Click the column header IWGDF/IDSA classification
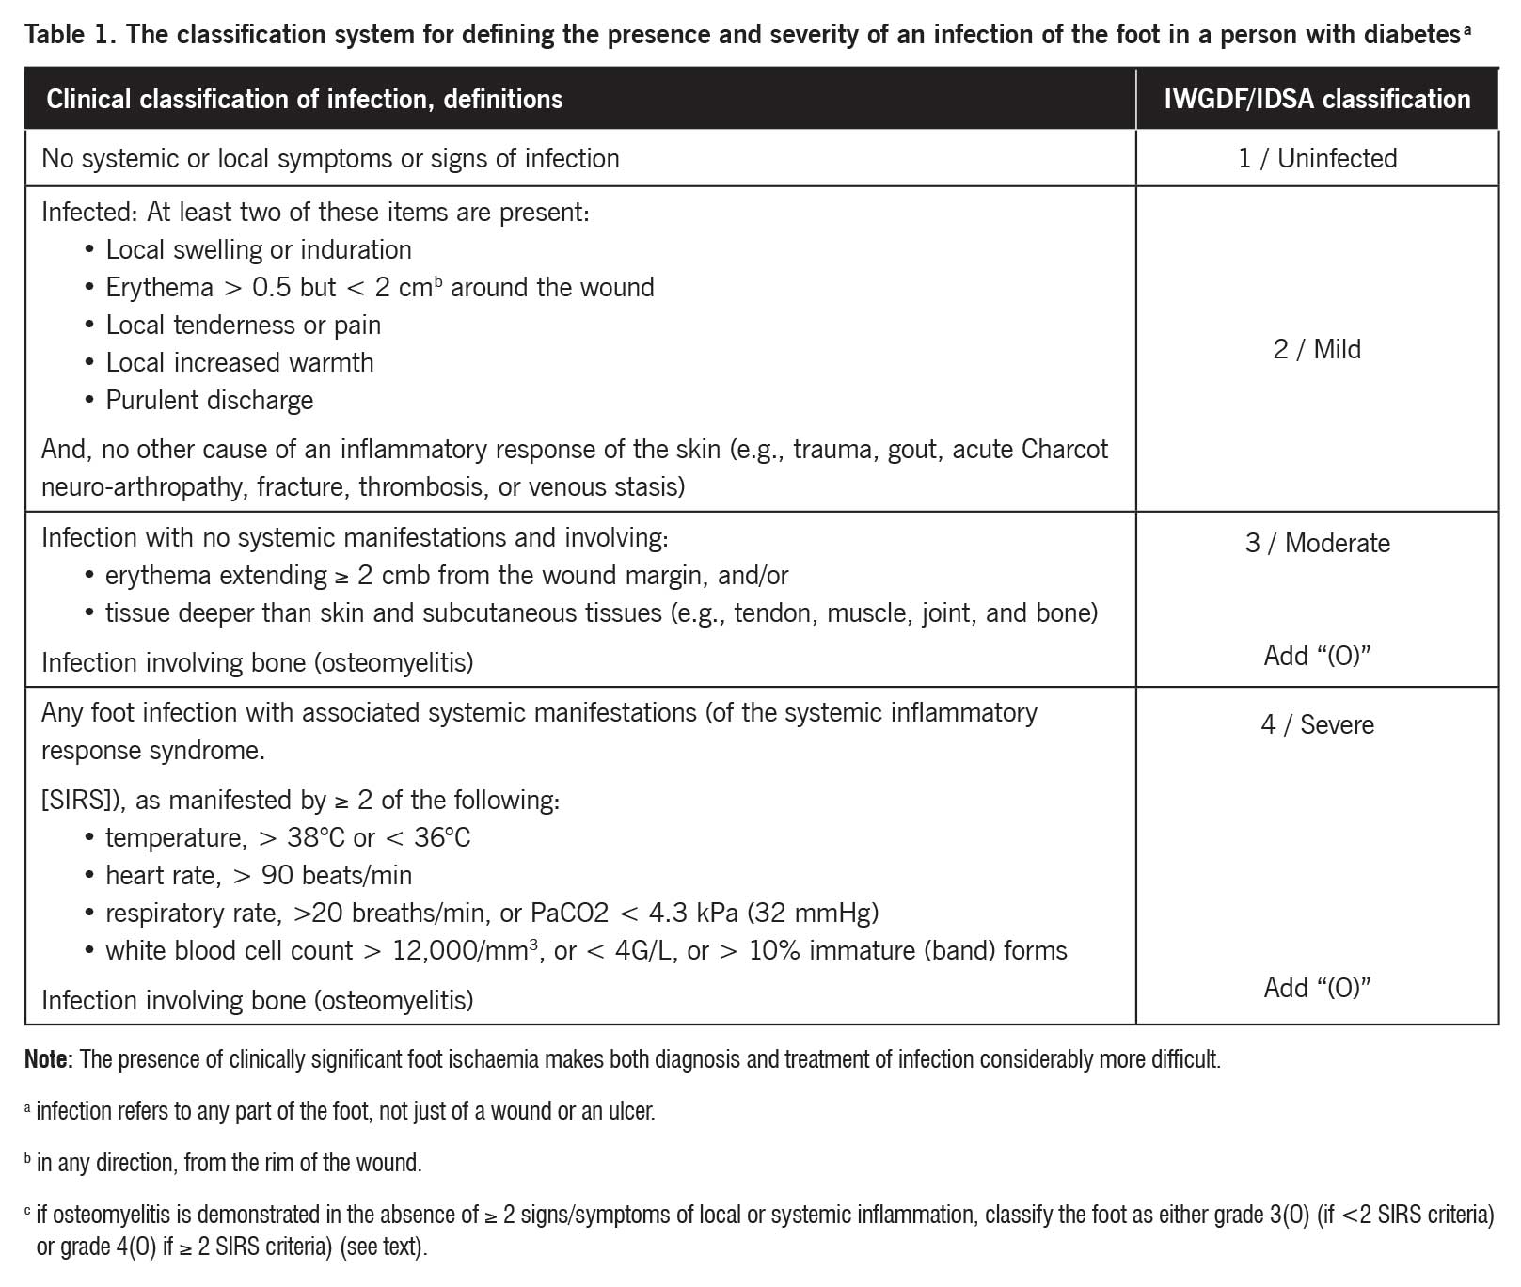(1316, 99)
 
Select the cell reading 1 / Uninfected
(1317, 158)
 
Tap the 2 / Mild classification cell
(1317, 349)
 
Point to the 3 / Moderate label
(1317, 543)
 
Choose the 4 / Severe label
(1317, 724)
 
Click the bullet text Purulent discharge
(209, 400)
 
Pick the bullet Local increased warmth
(239, 362)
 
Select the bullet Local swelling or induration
(258, 249)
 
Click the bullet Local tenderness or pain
(243, 325)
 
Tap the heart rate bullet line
(258, 875)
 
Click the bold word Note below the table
(47, 1059)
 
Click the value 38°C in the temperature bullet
(316, 837)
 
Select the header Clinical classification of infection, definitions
(304, 99)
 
